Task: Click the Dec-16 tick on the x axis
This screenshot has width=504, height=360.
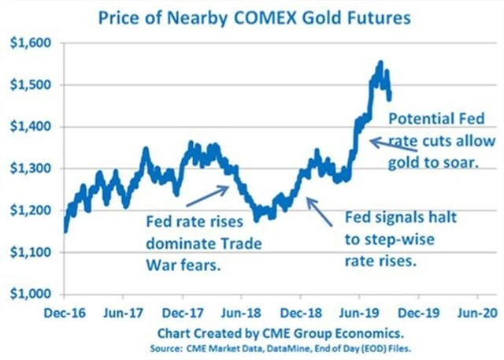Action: [65, 312]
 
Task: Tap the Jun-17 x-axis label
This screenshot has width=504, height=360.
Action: [124, 312]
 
